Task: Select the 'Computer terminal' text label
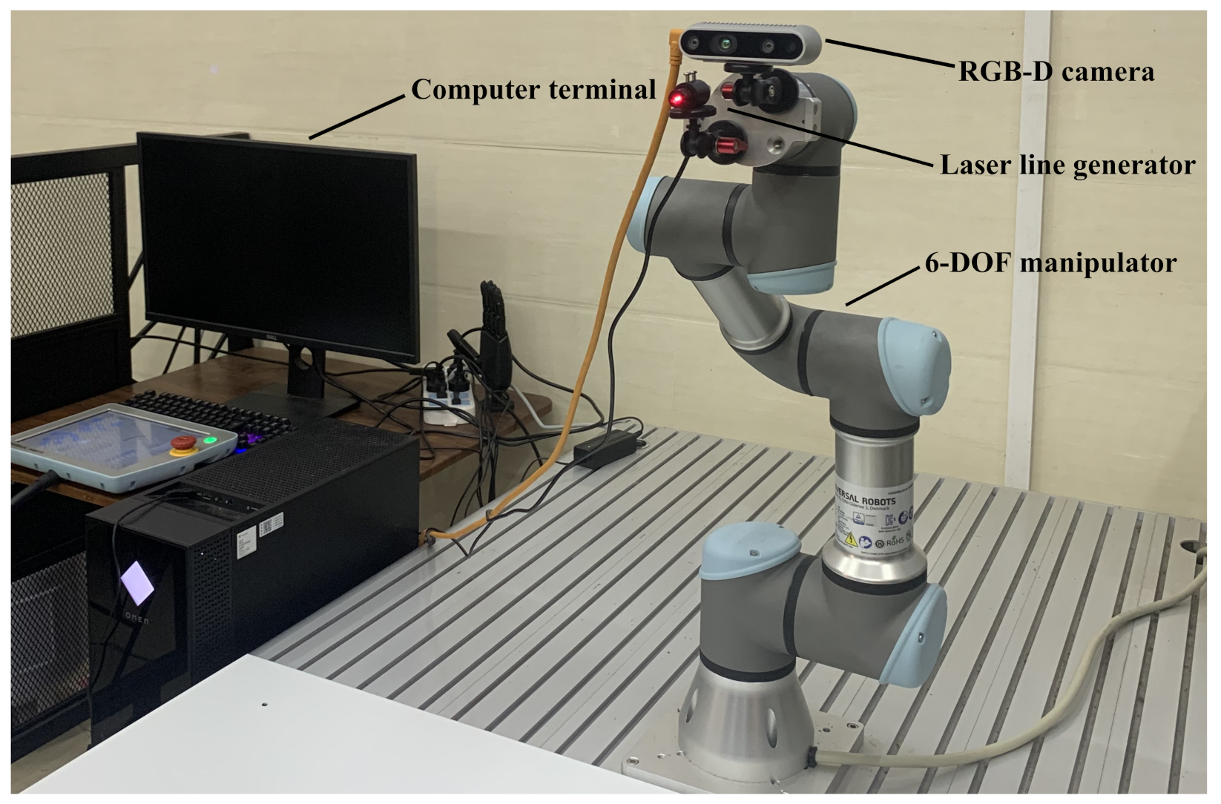click(533, 89)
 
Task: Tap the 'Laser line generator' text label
click(1067, 165)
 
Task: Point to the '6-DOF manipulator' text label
click(1050, 263)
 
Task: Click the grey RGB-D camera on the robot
click(750, 45)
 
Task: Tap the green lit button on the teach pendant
click(211, 441)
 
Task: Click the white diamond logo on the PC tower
click(137, 581)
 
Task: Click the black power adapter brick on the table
click(609, 449)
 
